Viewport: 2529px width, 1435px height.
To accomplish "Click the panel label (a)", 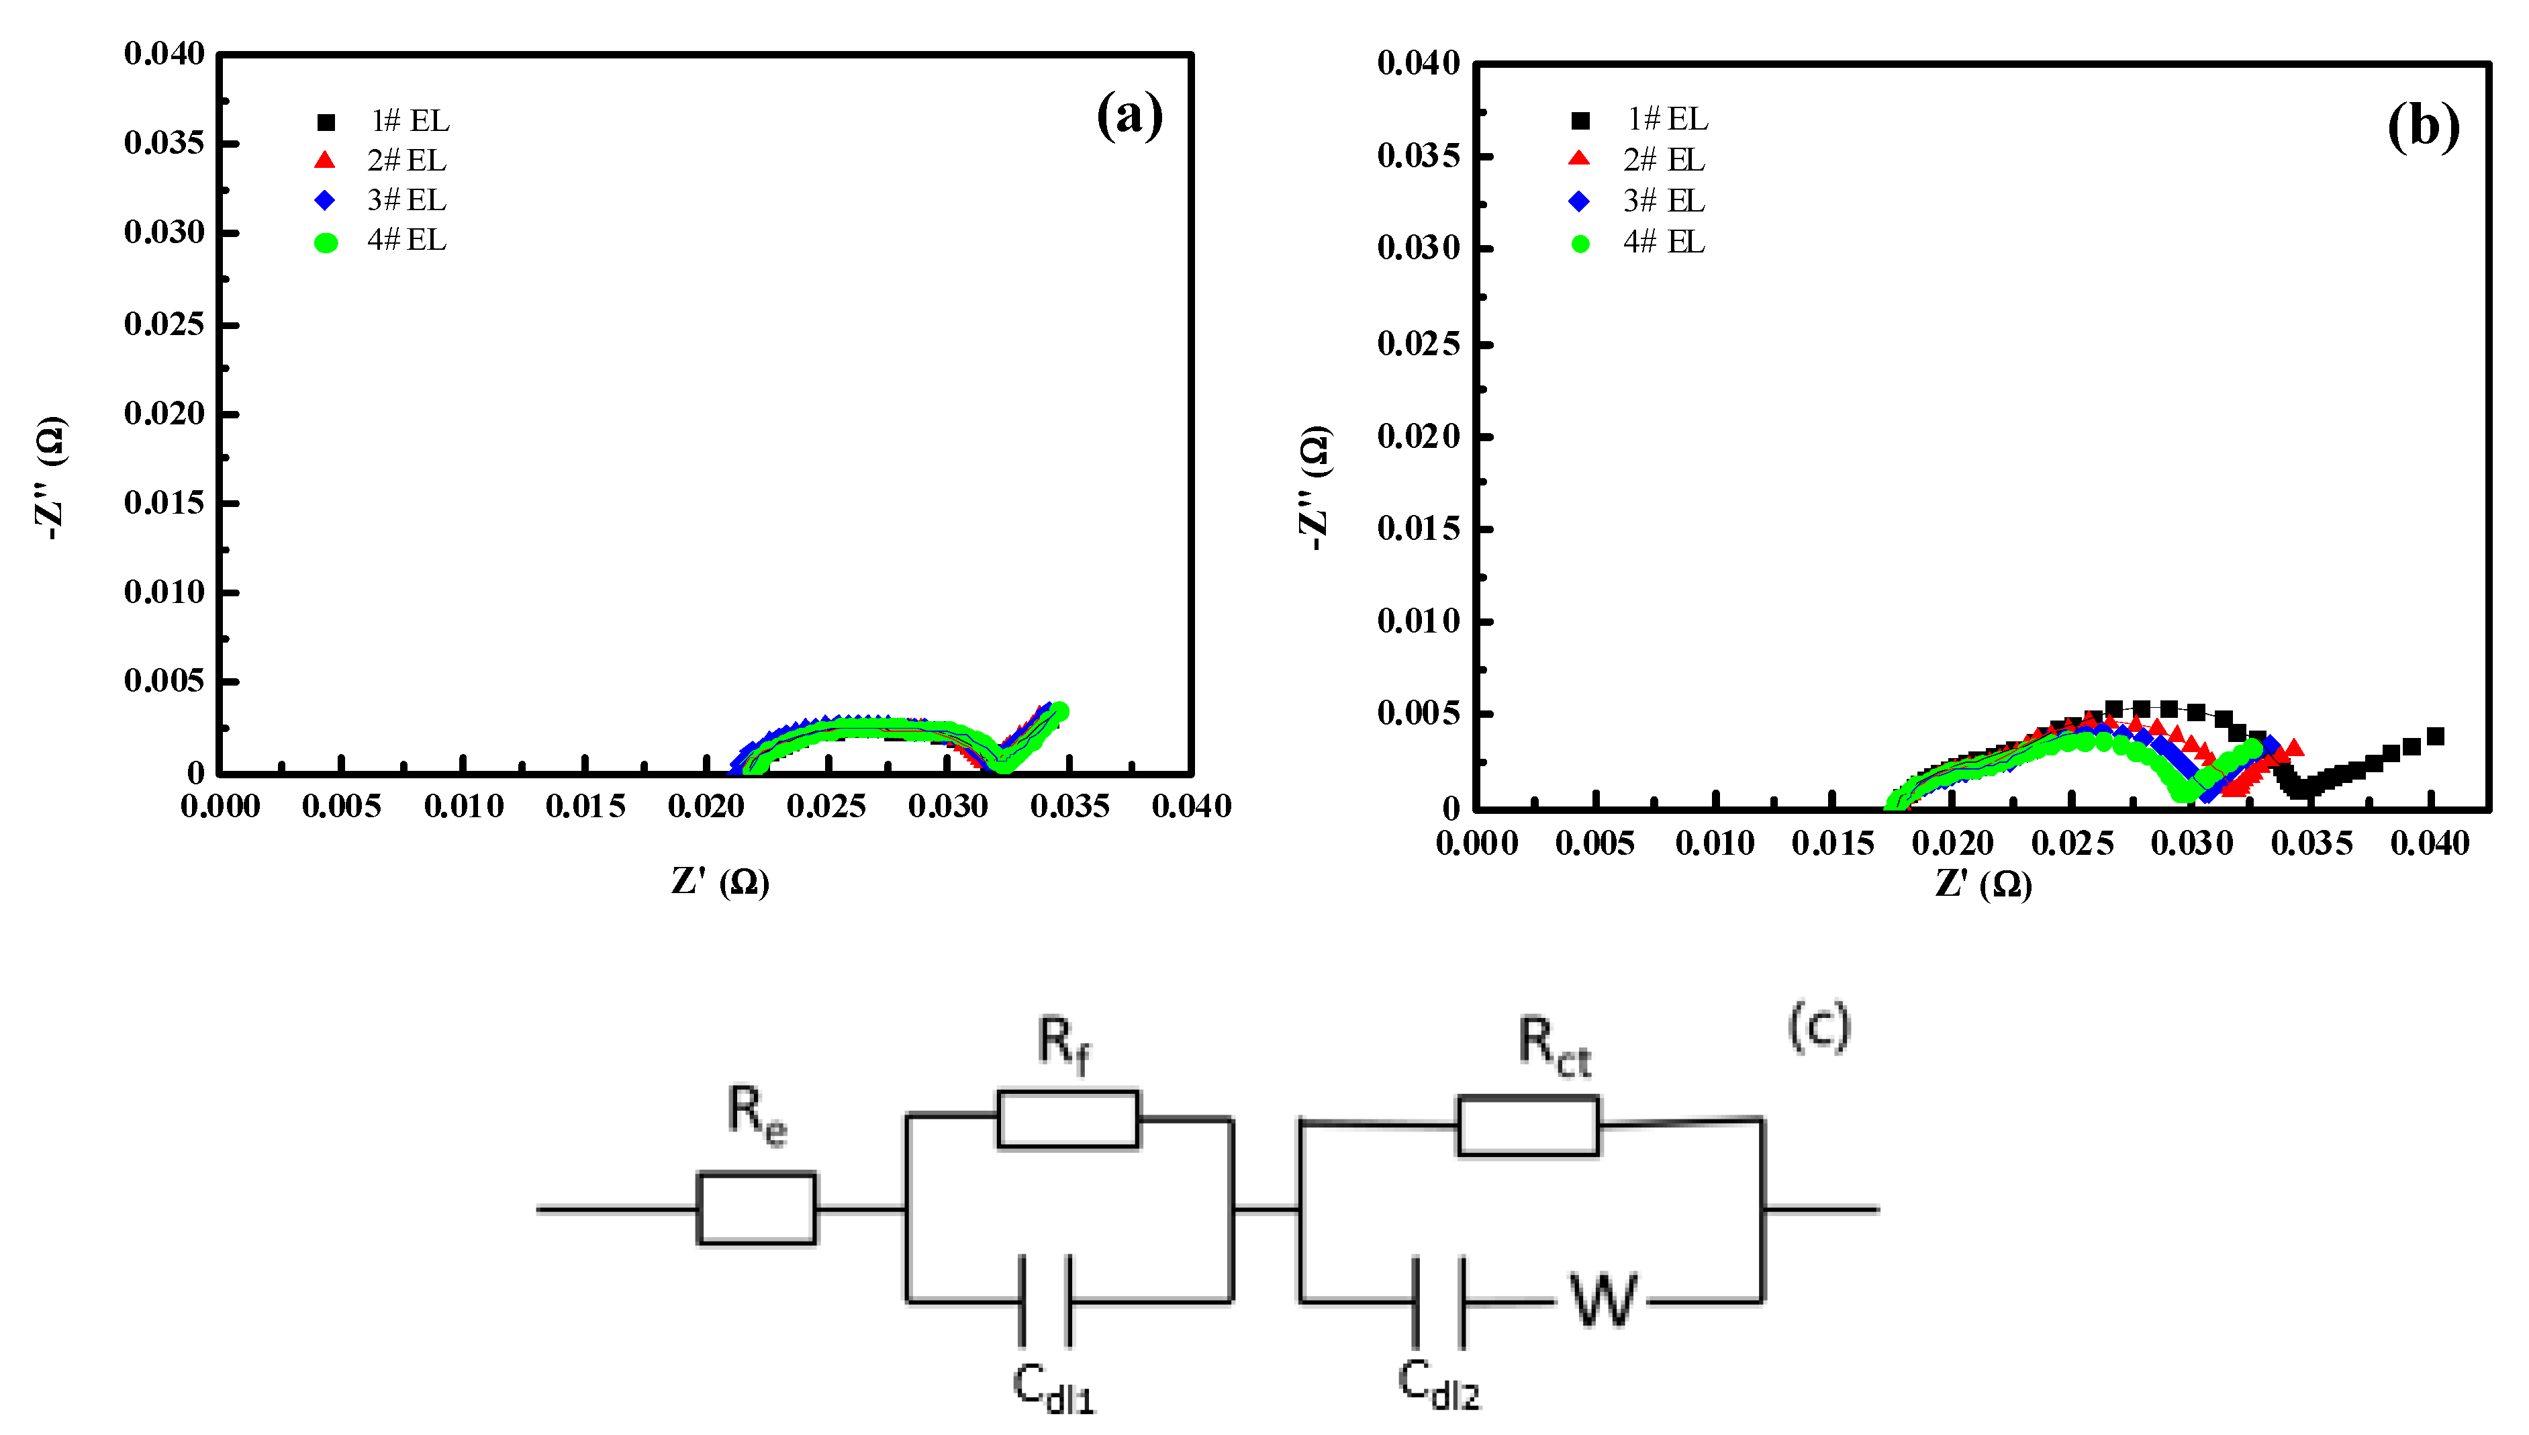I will (1129, 116).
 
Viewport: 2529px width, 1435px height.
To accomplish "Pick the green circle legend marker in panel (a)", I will (326, 242).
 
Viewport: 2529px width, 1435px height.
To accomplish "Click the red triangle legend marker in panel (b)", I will (1579, 158).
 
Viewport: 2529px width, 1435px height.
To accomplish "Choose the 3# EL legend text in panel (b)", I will (1664, 201).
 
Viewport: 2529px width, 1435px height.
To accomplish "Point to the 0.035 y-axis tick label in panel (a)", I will (164, 143).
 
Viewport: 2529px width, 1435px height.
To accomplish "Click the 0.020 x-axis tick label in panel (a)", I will (706, 806).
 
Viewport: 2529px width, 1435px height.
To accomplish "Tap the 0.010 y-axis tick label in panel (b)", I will (1419, 621).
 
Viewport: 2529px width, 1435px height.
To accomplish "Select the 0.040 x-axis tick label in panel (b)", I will (2430, 843).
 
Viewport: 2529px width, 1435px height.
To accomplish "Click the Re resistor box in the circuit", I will (757, 1208).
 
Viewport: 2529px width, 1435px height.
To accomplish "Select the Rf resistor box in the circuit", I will (1068, 1119).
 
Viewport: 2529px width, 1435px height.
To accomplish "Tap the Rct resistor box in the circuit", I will (1528, 1125).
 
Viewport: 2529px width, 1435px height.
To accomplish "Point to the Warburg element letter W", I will (1602, 1301).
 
